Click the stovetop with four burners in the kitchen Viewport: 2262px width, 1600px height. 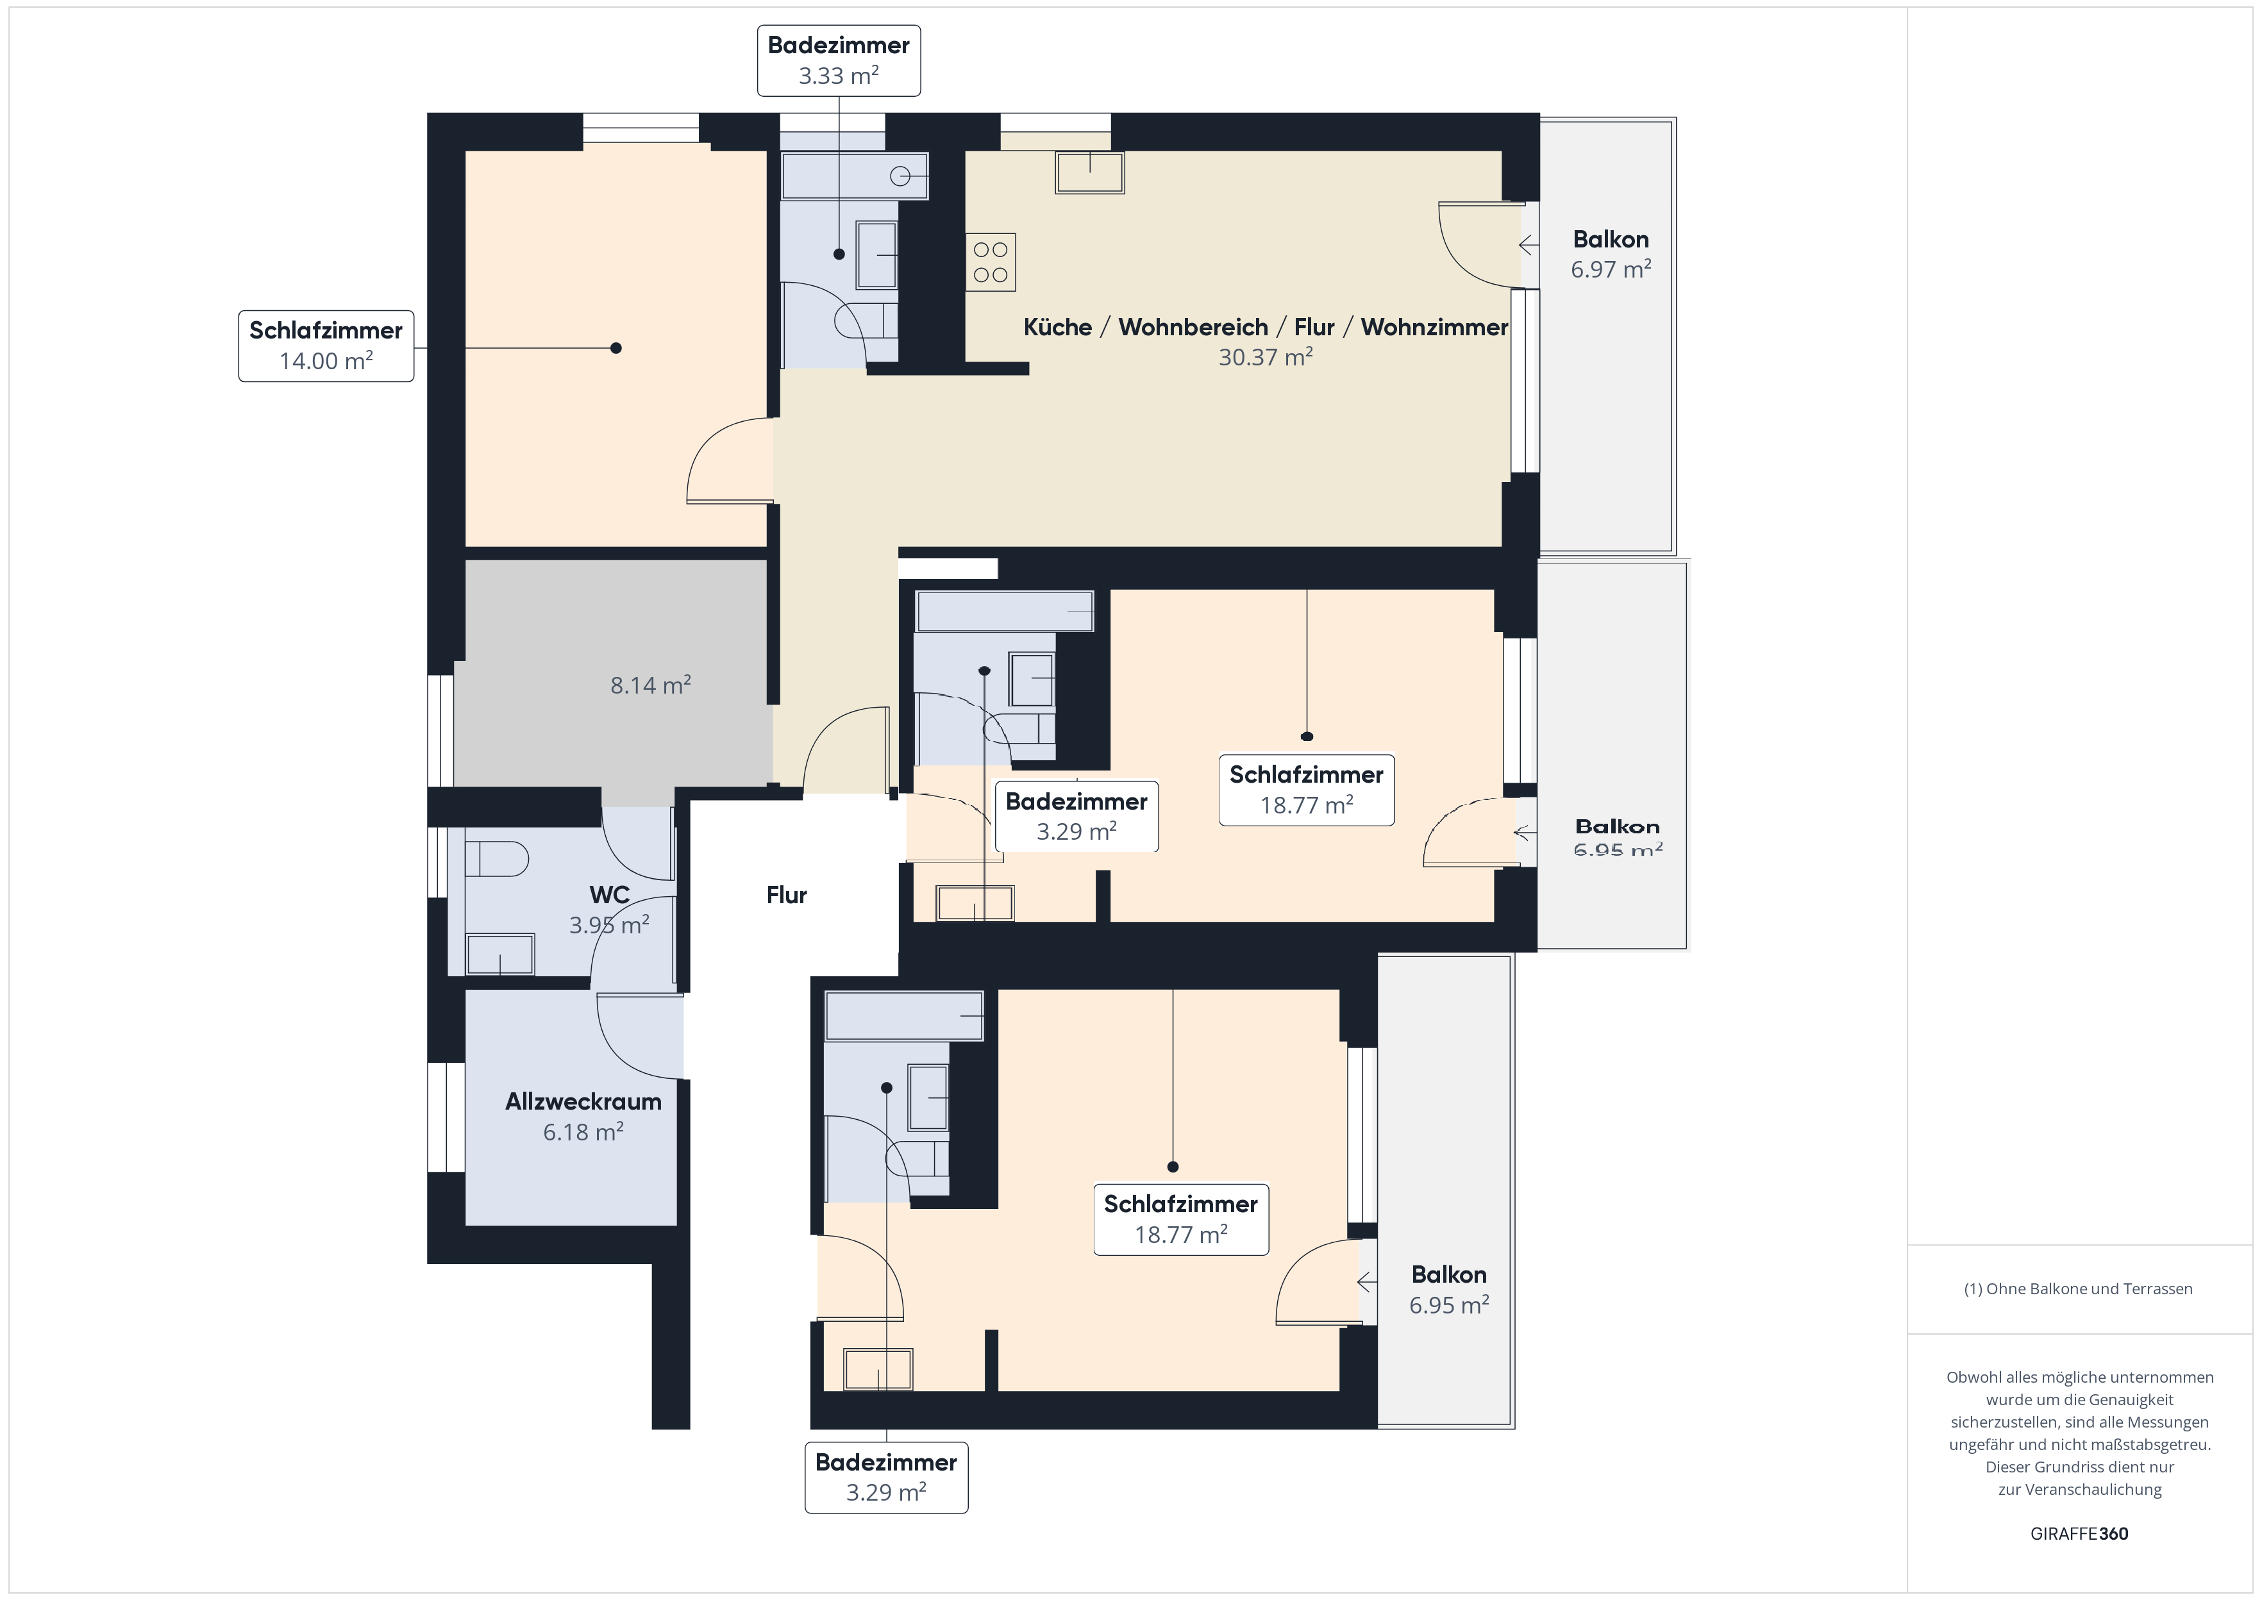point(990,262)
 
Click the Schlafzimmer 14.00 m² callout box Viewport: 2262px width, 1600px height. point(326,346)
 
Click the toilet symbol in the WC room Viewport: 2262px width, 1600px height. point(496,858)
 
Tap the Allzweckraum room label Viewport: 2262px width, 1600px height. point(583,1101)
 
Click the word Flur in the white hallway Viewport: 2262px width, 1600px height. point(786,895)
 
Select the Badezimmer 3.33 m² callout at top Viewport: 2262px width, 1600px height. point(839,60)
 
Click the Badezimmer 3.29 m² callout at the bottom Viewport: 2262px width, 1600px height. point(885,1477)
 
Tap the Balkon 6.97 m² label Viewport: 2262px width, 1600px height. point(1610,254)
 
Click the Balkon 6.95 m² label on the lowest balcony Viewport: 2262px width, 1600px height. point(1448,1290)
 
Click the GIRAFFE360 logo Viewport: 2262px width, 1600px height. point(2079,1534)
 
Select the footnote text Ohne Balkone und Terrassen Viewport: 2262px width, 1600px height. point(2079,1288)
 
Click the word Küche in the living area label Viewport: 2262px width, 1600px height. point(1057,327)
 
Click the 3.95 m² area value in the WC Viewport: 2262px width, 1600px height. point(609,925)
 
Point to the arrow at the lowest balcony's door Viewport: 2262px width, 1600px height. point(1366,1283)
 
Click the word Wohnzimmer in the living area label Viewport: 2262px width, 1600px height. point(1434,327)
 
